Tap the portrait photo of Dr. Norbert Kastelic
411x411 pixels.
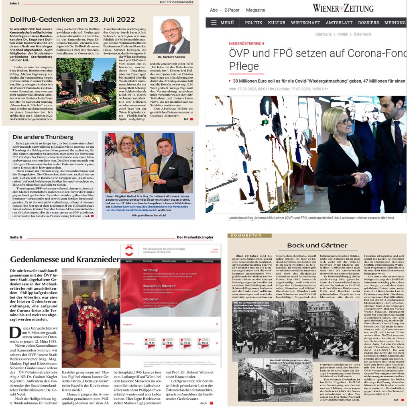coord(171,35)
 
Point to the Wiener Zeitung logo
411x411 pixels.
coord(343,8)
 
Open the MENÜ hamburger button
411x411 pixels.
coord(222,22)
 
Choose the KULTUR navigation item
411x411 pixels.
coord(277,22)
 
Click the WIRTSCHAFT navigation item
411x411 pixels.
coord(305,22)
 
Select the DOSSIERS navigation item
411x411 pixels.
coord(368,22)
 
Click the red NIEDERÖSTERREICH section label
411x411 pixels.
coord(246,43)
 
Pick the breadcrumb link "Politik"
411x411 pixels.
coord(342,35)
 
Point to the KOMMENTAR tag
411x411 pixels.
coord(245,236)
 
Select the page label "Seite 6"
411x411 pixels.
coord(16,237)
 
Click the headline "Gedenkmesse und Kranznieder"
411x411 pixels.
coord(64,259)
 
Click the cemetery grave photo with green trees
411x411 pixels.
coord(86,88)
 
